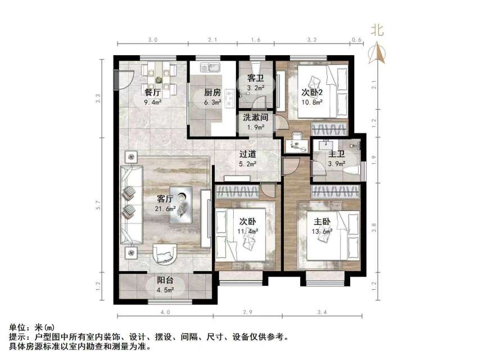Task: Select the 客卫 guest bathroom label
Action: (x=256, y=79)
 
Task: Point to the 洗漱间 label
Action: (x=255, y=118)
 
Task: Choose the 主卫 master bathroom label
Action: (x=337, y=154)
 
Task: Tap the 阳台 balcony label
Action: (x=165, y=281)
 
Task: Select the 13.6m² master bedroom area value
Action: (x=321, y=231)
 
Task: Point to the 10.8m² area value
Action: (x=313, y=102)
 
